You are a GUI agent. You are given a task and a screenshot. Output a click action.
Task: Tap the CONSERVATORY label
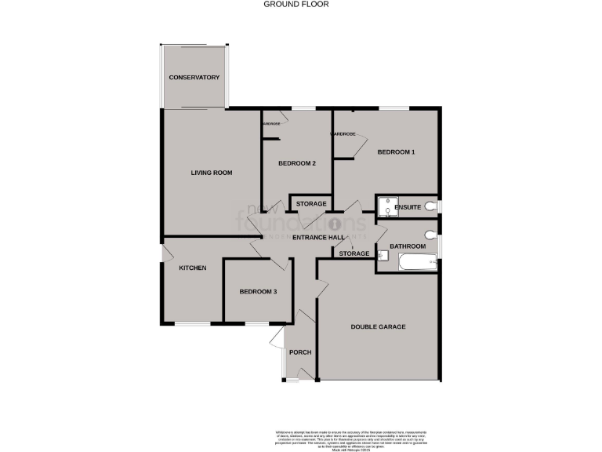(x=194, y=78)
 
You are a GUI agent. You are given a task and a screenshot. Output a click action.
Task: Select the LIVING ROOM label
(x=212, y=173)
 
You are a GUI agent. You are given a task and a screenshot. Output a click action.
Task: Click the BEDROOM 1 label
(x=396, y=151)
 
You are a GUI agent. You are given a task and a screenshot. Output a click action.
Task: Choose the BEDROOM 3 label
(x=258, y=292)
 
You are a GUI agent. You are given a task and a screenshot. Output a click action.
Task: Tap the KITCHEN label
(x=193, y=268)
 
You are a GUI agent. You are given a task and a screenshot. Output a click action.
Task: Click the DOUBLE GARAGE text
(x=378, y=326)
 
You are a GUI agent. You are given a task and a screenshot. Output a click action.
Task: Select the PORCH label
(x=300, y=352)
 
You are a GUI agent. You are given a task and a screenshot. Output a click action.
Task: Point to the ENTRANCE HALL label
(x=318, y=237)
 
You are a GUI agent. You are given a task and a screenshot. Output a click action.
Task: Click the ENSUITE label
(x=408, y=207)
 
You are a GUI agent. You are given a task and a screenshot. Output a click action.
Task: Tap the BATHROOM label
(x=408, y=246)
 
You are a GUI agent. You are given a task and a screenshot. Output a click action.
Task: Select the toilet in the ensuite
(x=433, y=206)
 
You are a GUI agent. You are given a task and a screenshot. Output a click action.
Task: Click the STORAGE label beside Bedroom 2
(x=311, y=204)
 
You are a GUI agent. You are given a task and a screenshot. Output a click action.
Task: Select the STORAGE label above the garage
(x=354, y=253)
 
